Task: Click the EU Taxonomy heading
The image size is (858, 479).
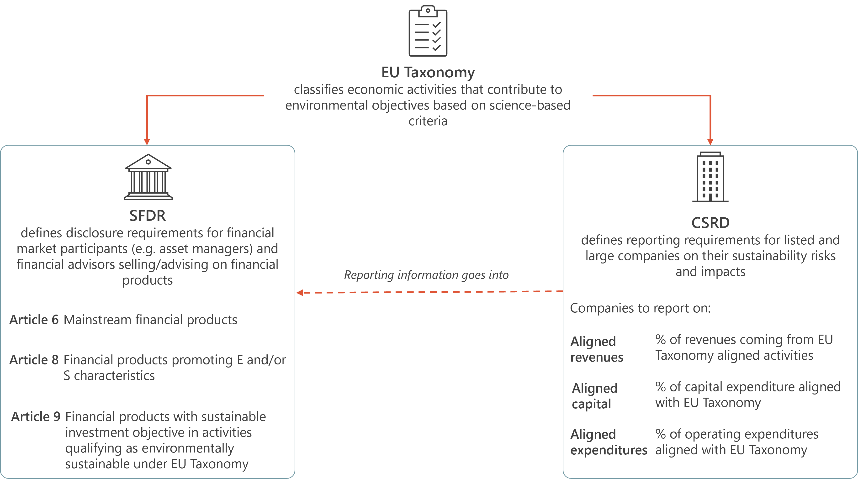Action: (428, 73)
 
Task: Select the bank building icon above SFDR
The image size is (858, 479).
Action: (148, 177)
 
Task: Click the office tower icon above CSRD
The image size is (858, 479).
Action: (710, 177)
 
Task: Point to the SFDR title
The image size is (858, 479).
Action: (148, 216)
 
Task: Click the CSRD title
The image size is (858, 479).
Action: (710, 223)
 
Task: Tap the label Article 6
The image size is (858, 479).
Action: (34, 320)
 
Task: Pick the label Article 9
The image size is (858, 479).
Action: (36, 416)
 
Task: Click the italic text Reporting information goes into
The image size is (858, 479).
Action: (426, 275)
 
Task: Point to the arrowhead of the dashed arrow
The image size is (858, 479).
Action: (299, 293)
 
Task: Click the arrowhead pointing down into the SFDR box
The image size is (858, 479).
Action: (147, 142)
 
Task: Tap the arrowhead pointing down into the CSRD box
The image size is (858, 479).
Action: (710, 142)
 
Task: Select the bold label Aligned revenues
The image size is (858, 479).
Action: (597, 349)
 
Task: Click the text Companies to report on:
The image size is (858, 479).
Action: (640, 308)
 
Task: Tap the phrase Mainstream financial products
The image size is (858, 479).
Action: (150, 320)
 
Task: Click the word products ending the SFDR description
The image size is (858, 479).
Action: (148, 280)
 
